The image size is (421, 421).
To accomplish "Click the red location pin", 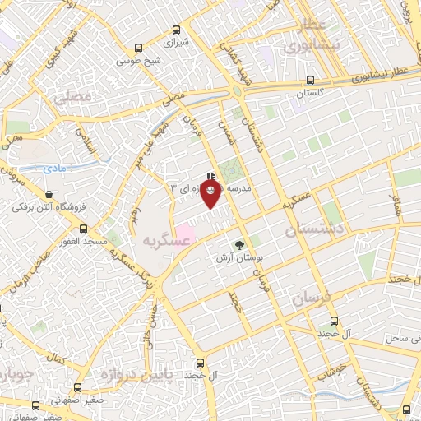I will (211, 192).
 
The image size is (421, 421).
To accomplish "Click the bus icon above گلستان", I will (310, 80).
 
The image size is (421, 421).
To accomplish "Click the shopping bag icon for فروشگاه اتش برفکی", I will (50, 196).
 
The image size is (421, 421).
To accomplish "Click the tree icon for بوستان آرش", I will (240, 244).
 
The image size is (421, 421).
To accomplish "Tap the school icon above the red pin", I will (212, 175).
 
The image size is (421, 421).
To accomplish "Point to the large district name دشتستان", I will (312, 231).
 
